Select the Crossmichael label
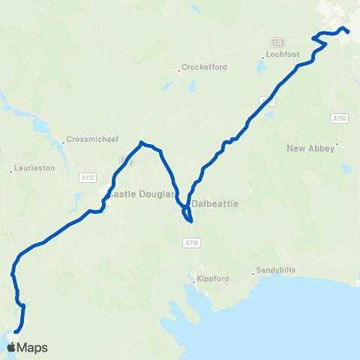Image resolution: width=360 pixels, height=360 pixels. (x=88, y=139)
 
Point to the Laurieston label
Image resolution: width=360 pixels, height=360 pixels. (x=34, y=169)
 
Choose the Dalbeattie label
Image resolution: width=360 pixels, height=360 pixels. (x=215, y=202)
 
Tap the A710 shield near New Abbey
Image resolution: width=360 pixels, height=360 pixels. (x=339, y=118)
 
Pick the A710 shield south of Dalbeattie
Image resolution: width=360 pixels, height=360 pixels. (x=191, y=243)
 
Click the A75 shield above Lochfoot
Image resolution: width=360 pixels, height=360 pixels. (x=279, y=42)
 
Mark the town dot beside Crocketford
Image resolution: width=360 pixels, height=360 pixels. (x=180, y=70)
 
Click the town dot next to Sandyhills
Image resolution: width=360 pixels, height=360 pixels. (x=253, y=274)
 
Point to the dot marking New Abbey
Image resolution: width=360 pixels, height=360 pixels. (x=337, y=145)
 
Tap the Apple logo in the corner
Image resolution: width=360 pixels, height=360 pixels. (x=11, y=347)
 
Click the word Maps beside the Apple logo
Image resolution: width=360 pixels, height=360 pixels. (x=33, y=347)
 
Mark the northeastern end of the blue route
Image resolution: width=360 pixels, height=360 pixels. (x=349, y=32)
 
